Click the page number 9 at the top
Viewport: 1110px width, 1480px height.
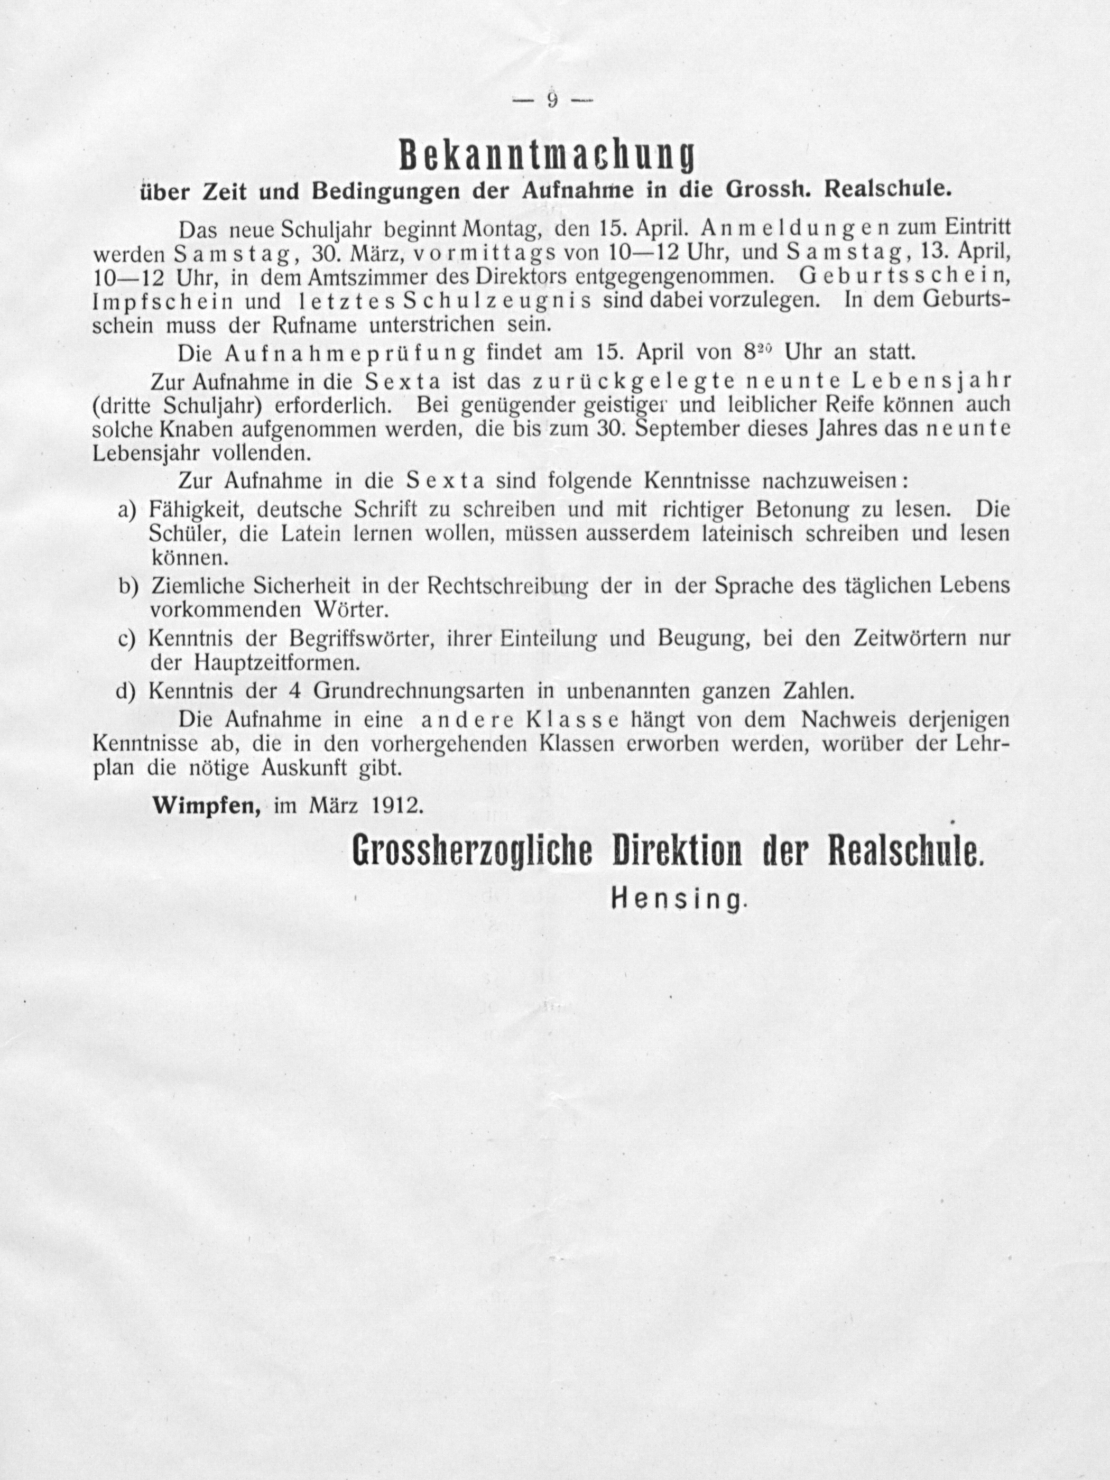click(x=553, y=100)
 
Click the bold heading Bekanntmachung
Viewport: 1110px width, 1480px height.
click(x=545, y=156)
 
